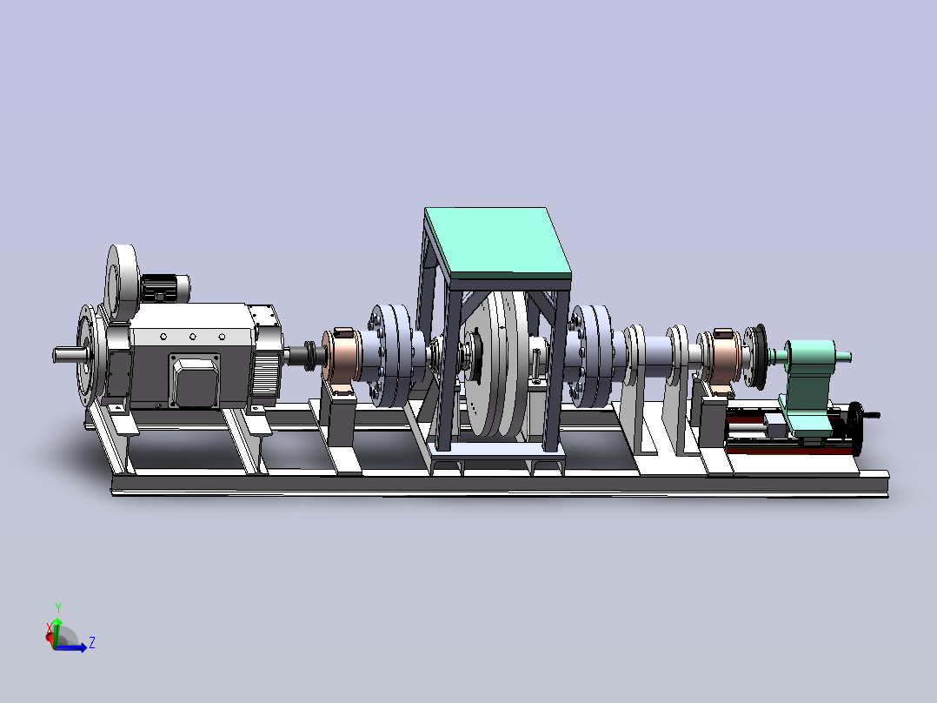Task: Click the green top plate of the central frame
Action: pos(497,243)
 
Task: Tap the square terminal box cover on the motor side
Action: pos(194,379)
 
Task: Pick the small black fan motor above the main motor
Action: pos(165,288)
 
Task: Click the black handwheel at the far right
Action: pos(858,428)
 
